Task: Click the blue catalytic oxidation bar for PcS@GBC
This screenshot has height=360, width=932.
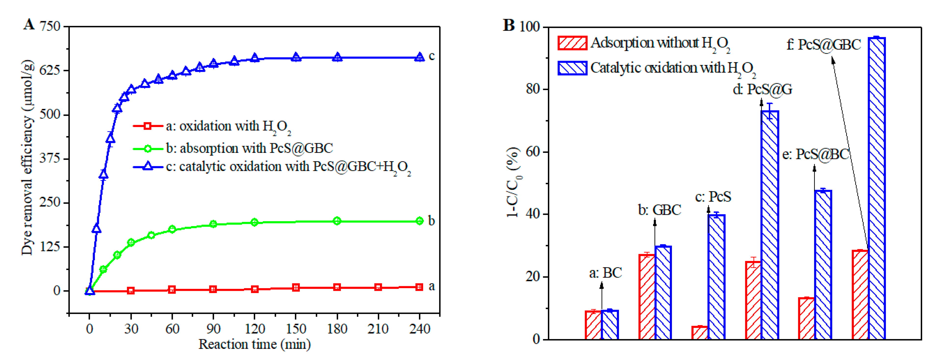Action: pyautogui.click(x=876, y=188)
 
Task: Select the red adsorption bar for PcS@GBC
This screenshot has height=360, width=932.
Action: pyautogui.click(x=860, y=295)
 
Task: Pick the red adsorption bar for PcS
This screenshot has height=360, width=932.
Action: pyautogui.click(x=699, y=333)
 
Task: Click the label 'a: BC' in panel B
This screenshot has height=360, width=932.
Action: pyautogui.click(x=605, y=273)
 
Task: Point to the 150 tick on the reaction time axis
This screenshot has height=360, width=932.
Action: pyautogui.click(x=296, y=329)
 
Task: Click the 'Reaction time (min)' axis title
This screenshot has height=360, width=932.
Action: pyautogui.click(x=254, y=344)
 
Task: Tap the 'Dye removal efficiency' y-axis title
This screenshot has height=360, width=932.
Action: pyautogui.click(x=27, y=157)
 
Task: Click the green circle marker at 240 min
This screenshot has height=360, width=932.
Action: pyautogui.click(x=419, y=221)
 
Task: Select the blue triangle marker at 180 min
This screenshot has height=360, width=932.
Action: pyautogui.click(x=337, y=57)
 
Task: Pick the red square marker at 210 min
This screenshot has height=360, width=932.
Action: pyautogui.click(x=378, y=287)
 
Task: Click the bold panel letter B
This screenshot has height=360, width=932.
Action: pyautogui.click(x=509, y=25)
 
